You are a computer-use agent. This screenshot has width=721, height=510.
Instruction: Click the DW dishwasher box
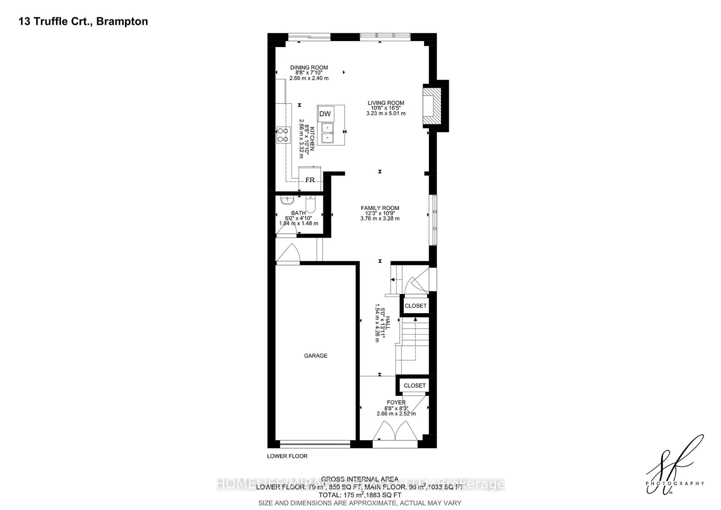pos(325,114)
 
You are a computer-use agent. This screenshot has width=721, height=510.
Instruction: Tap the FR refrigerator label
pos(310,180)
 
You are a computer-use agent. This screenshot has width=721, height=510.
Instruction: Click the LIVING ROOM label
pos(386,103)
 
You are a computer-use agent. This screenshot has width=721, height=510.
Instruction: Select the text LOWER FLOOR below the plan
pos(287,456)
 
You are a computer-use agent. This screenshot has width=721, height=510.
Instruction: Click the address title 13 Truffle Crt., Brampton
pos(83,21)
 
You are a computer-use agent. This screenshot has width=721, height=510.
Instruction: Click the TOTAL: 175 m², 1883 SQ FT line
pos(360,495)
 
